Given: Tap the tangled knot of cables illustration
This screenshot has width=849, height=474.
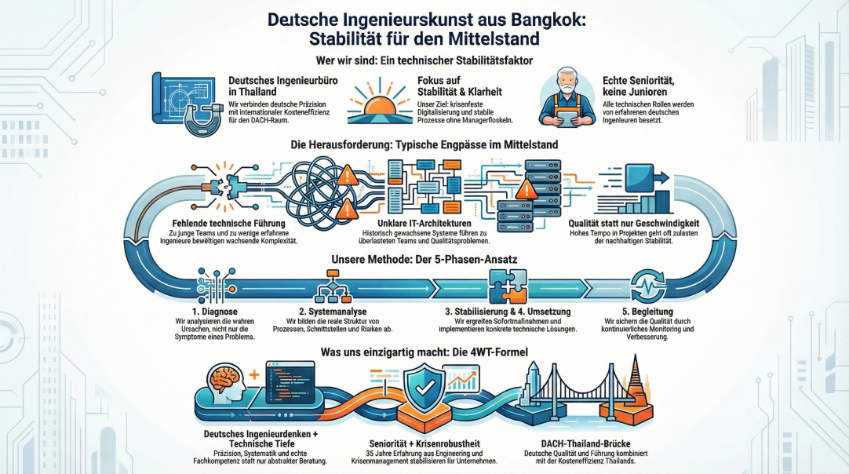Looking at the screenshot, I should pos(308,188).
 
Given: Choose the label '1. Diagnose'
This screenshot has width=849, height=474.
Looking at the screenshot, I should pos(205,311).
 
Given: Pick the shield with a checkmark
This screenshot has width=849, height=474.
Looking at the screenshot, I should pos(424,391).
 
